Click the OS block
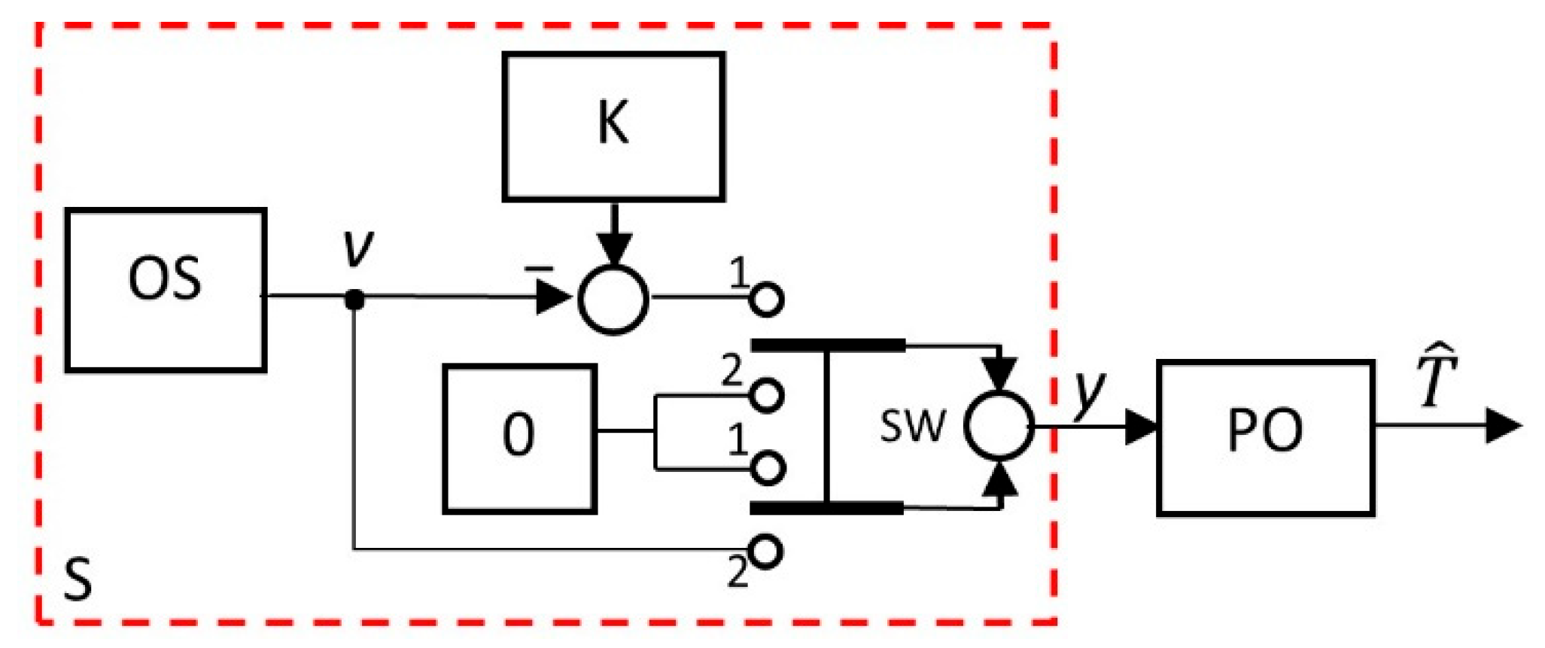tap(166, 290)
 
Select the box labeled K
tap(613, 126)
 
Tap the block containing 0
tap(519, 438)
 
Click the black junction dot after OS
tap(354, 300)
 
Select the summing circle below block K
tap(613, 300)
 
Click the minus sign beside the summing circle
tap(539, 268)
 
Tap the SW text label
tap(912, 426)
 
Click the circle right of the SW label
tap(999, 426)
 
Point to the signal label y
tap(1090, 391)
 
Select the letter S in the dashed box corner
tap(78, 580)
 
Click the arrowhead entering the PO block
tap(1140, 427)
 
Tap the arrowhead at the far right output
tap(1504, 425)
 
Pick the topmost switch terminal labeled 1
tap(767, 300)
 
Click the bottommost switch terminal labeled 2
tap(767, 552)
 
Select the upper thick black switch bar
tap(828, 345)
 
